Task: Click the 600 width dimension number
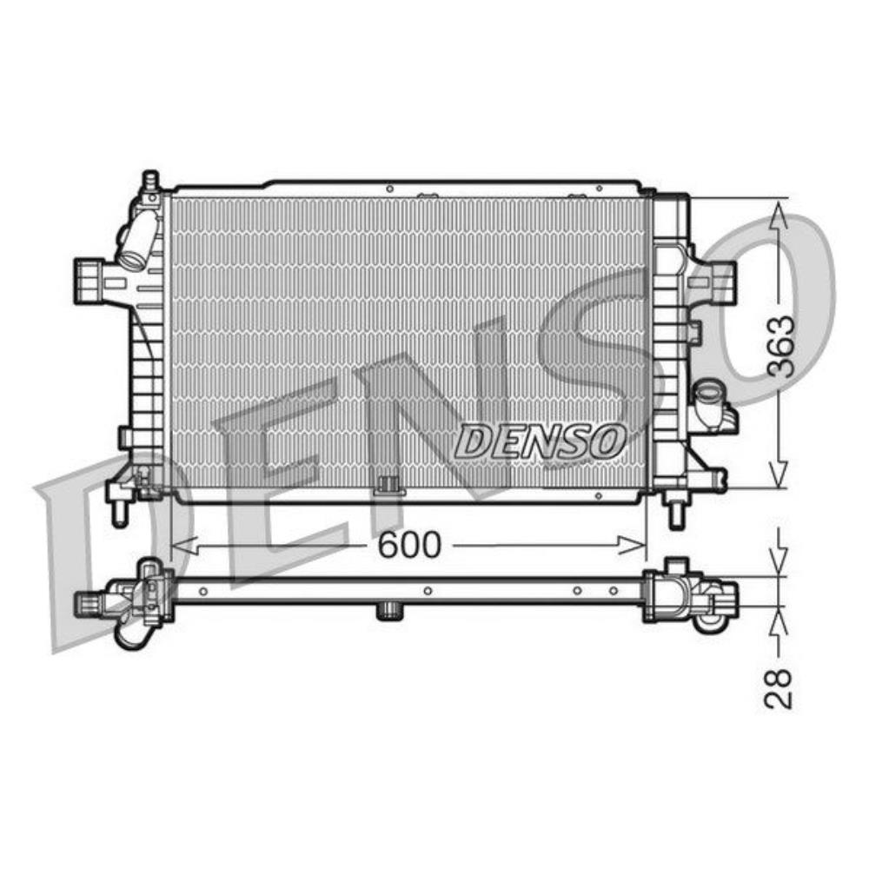409,545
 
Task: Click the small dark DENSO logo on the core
540,441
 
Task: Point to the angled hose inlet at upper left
138,242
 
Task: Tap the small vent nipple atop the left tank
149,181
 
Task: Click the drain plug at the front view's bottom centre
388,487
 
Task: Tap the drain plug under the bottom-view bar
388,612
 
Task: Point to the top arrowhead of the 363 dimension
780,209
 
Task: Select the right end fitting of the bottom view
695,596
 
